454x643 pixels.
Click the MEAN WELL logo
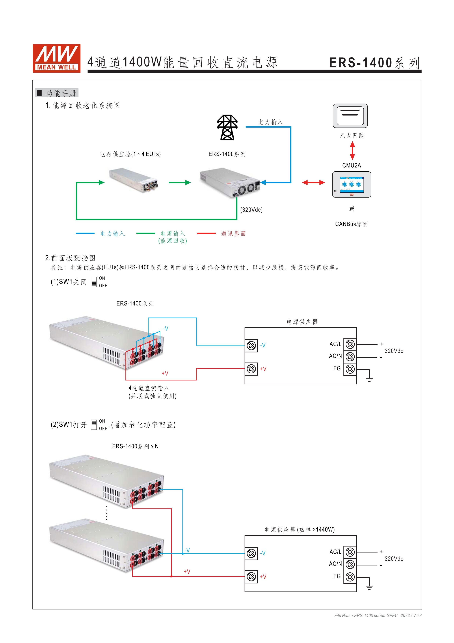coord(57,58)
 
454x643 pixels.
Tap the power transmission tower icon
coord(227,127)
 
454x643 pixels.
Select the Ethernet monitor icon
coord(350,116)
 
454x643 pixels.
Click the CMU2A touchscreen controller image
coord(352,185)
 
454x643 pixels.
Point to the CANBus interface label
coord(351,224)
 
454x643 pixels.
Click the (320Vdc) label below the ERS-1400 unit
coord(251,210)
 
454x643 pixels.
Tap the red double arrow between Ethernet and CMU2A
coord(352,151)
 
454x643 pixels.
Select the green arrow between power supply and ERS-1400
coord(180,183)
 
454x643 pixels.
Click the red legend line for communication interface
coord(206,233)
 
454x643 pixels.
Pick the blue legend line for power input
coord(85,233)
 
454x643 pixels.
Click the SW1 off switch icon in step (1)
coord(94,282)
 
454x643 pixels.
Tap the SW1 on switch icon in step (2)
coord(94,425)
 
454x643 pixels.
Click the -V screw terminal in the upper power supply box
coord(251,346)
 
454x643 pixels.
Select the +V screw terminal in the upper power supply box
coord(251,369)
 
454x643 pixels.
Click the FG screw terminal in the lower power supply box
coord(350,577)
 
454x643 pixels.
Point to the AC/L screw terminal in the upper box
coord(350,344)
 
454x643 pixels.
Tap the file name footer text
coord(378,616)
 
